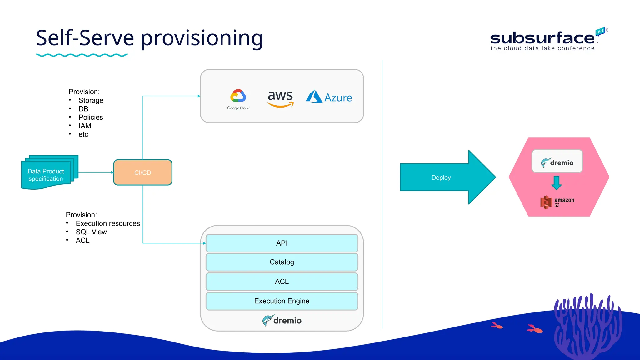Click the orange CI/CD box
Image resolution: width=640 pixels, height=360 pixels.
[143, 172]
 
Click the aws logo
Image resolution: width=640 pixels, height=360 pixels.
[280, 98]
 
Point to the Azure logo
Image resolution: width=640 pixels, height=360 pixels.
[329, 97]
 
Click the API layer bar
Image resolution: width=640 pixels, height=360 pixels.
[282, 243]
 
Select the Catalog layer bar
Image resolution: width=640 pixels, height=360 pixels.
[282, 262]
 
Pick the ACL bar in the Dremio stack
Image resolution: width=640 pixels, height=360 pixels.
[282, 282]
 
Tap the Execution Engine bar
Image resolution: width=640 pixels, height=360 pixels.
[282, 301]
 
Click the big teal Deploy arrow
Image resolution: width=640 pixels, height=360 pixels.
[444, 177]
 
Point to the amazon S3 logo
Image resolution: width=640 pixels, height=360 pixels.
[557, 202]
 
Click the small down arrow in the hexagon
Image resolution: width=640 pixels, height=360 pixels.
[556, 183]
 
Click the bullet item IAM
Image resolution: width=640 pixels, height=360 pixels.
[85, 126]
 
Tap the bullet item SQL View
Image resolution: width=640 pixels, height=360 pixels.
[91, 232]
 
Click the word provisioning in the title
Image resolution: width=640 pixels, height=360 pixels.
[202, 38]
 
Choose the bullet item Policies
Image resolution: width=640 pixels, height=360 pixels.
[91, 117]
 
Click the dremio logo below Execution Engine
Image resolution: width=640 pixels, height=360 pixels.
[282, 320]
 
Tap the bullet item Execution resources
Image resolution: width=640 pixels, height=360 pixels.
[108, 223]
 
